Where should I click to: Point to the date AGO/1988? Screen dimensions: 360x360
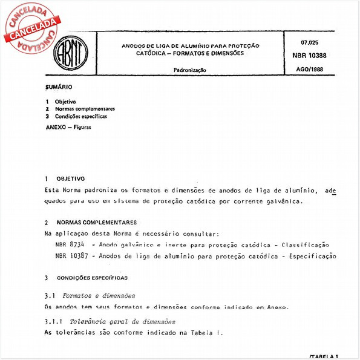(x=311, y=70)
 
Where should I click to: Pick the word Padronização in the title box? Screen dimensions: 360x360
(x=190, y=70)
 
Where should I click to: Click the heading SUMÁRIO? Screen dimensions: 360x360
(x=59, y=87)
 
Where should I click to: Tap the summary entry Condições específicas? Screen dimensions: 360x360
(x=81, y=116)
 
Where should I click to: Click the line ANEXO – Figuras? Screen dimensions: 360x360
(x=65, y=128)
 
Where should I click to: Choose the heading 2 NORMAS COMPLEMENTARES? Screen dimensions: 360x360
(x=90, y=223)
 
